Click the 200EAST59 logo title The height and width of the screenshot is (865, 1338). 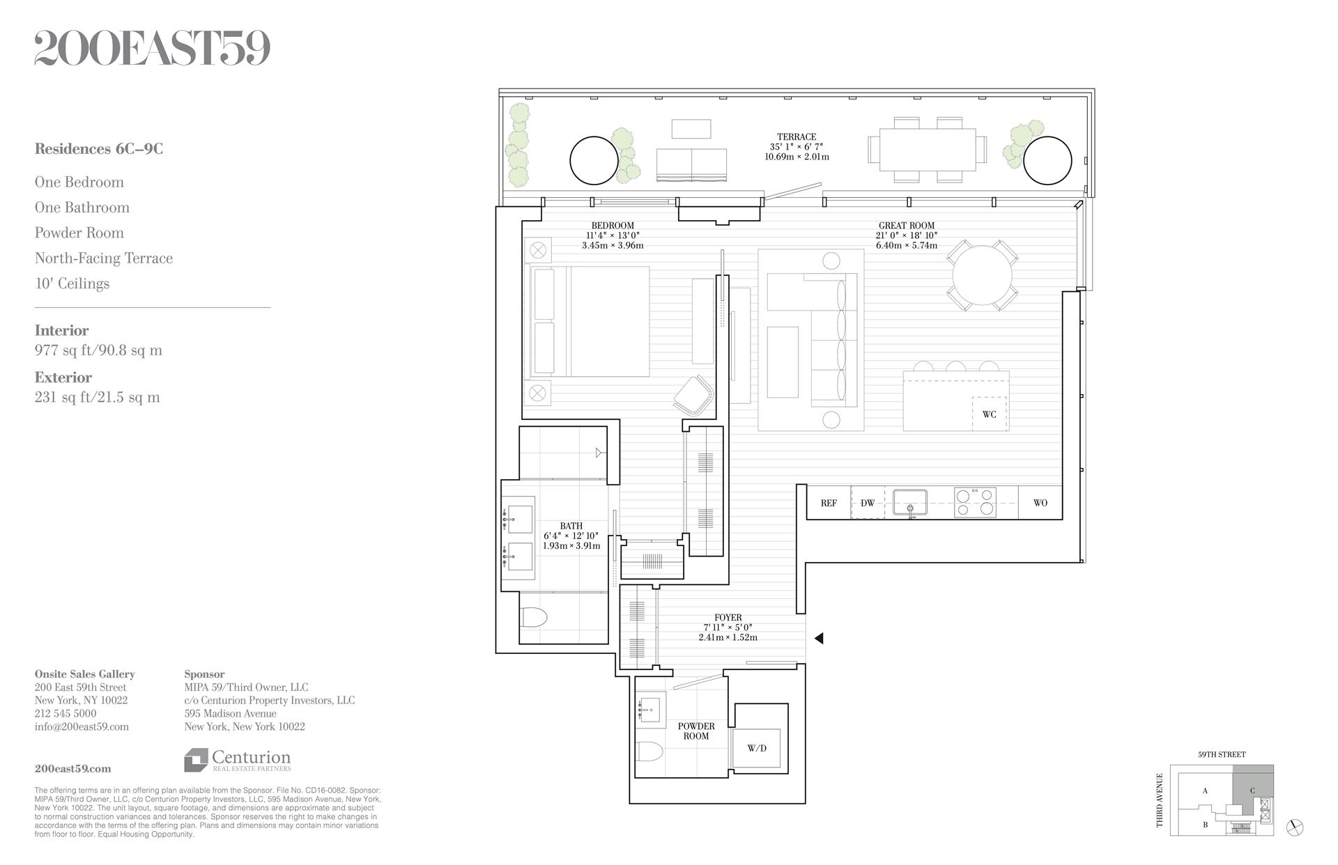click(x=152, y=49)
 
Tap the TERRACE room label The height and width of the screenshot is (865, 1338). click(x=797, y=137)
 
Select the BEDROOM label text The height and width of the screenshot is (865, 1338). click(x=612, y=226)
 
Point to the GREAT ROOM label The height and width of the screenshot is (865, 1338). click(x=906, y=226)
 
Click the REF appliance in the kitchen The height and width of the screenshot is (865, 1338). click(x=829, y=503)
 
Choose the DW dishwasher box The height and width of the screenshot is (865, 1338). click(x=868, y=503)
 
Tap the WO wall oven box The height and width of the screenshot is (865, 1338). click(x=1040, y=503)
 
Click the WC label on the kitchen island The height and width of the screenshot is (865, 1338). click(x=989, y=414)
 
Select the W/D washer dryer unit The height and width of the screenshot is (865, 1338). click(x=757, y=749)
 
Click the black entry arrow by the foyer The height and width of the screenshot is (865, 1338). click(x=819, y=638)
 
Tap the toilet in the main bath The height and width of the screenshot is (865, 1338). click(x=535, y=617)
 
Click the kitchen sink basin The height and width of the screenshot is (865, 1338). click(x=910, y=502)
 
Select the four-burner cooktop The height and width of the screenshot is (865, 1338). click(x=975, y=502)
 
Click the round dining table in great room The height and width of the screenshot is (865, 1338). click(x=982, y=275)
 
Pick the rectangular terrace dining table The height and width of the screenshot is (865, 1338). click(x=927, y=150)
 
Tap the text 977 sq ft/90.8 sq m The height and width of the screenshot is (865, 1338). click(x=98, y=350)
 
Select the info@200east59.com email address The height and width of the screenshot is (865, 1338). click(x=82, y=726)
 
